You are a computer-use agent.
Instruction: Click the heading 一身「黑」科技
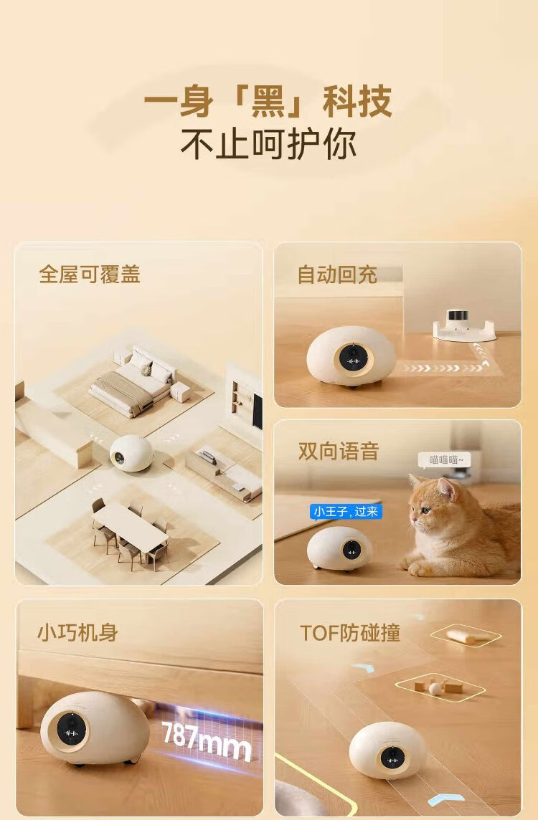[x=268, y=102]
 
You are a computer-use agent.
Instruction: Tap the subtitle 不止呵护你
[x=268, y=144]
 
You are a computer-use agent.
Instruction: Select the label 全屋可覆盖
[x=90, y=274]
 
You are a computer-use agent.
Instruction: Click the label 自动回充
[x=337, y=275]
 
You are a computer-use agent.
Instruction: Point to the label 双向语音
[x=339, y=452]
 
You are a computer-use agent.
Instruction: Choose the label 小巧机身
[x=77, y=633]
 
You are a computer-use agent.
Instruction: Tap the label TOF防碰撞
[x=350, y=633]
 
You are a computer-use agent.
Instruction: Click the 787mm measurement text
[x=207, y=740]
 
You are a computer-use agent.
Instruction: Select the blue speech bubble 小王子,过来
[x=346, y=512]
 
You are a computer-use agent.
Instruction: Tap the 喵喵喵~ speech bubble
[x=444, y=460]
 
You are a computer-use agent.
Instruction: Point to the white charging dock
[x=464, y=326]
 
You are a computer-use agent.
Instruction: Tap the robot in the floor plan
[x=131, y=453]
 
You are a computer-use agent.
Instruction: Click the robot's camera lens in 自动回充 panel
[x=352, y=359]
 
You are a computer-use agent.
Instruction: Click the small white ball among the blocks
[x=435, y=689]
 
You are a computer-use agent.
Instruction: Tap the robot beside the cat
[x=339, y=548]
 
